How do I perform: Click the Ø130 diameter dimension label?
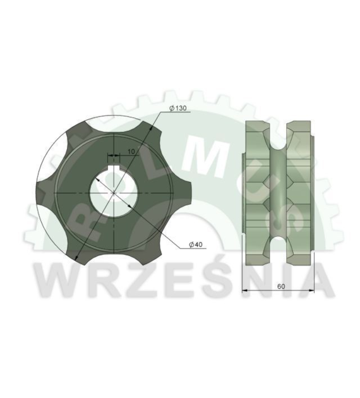[x=178, y=108]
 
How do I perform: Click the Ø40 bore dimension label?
[x=196, y=244]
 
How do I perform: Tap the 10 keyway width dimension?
[x=131, y=152]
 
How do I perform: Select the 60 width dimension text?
[x=281, y=286]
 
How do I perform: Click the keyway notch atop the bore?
[x=114, y=168]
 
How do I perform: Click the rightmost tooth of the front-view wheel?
[x=183, y=193]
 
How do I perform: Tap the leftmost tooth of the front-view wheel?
[x=45, y=193]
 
